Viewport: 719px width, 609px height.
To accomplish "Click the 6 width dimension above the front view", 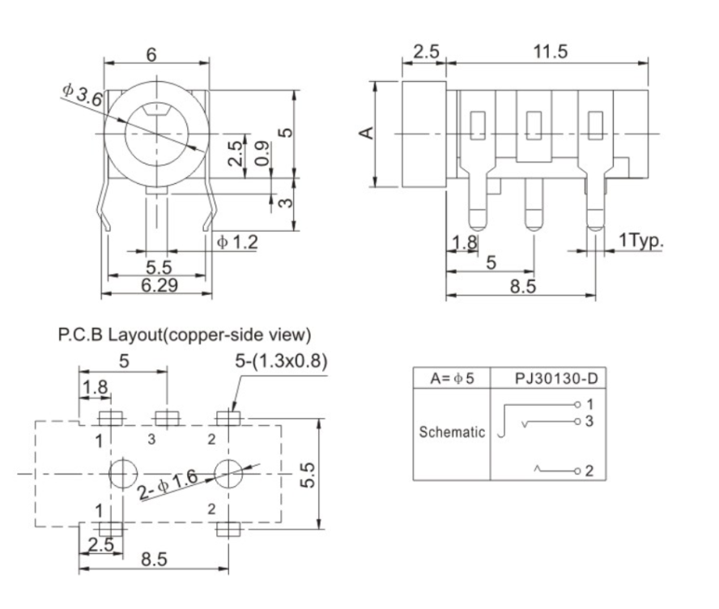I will [x=151, y=55].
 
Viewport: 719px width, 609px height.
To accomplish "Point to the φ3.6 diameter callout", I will [x=83, y=94].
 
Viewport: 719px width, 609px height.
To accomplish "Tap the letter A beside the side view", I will [x=367, y=132].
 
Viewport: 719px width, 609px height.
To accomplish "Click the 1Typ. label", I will [x=640, y=241].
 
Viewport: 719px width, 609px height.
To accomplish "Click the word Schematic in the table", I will [x=451, y=432].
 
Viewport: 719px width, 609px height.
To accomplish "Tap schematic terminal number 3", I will [x=589, y=420].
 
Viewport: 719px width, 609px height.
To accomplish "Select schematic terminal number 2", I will [x=589, y=471].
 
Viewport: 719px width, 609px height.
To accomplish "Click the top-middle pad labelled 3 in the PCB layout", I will [x=165, y=419].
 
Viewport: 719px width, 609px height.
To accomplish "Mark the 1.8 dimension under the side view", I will [x=463, y=241].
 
